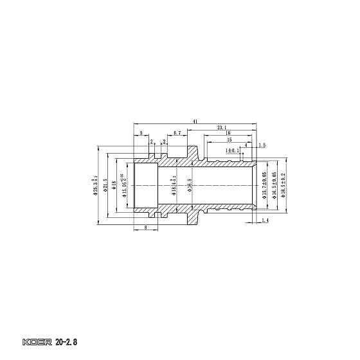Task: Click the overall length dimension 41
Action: (x=194, y=121)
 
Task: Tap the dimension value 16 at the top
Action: (x=228, y=133)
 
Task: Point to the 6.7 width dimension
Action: (x=177, y=133)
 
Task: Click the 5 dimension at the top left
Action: (x=141, y=133)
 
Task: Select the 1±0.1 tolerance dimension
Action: (x=232, y=150)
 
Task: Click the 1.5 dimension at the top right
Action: (x=262, y=145)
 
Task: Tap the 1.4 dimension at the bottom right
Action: (x=265, y=221)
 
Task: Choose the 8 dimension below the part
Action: (x=146, y=228)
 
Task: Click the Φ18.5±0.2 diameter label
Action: (x=282, y=184)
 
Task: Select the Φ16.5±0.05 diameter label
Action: (x=274, y=184)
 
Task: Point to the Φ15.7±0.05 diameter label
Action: (x=264, y=184)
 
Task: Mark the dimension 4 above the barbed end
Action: (x=246, y=145)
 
